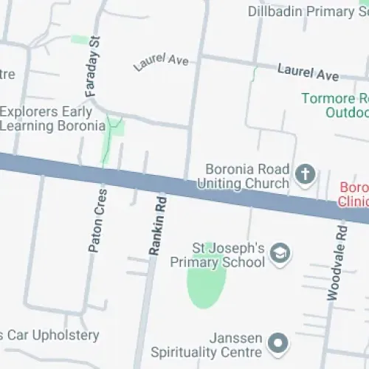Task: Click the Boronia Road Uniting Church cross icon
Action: click(305, 175)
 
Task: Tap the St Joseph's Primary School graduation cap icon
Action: click(280, 253)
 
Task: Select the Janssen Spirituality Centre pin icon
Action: click(277, 342)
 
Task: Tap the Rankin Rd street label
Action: click(158, 225)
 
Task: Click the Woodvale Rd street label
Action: click(336, 262)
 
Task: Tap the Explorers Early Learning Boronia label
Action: click(52, 119)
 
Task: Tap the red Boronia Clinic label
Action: click(354, 193)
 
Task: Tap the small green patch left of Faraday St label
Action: click(78, 39)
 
